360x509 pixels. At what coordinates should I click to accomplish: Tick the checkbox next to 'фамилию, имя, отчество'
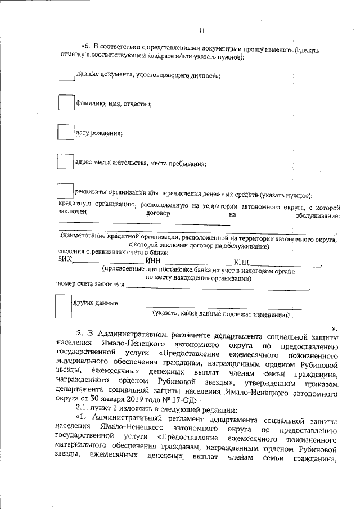pos(66,102)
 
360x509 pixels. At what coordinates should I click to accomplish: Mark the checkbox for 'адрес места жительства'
pos(66,161)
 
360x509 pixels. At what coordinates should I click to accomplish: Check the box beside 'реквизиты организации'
pos(66,192)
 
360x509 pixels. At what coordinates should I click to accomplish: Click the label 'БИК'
pos(65,260)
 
